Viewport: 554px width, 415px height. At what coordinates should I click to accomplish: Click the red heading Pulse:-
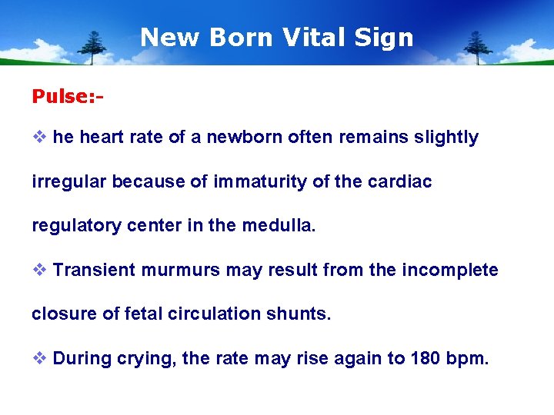click(68, 96)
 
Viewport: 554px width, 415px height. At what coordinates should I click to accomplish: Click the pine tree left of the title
click(93, 48)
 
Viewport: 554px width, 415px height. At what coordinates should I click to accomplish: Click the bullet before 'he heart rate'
click(39, 138)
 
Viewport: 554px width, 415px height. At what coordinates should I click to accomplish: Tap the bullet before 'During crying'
click(39, 358)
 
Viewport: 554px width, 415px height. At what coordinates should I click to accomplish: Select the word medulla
click(278, 226)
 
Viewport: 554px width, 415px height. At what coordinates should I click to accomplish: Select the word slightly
click(448, 138)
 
